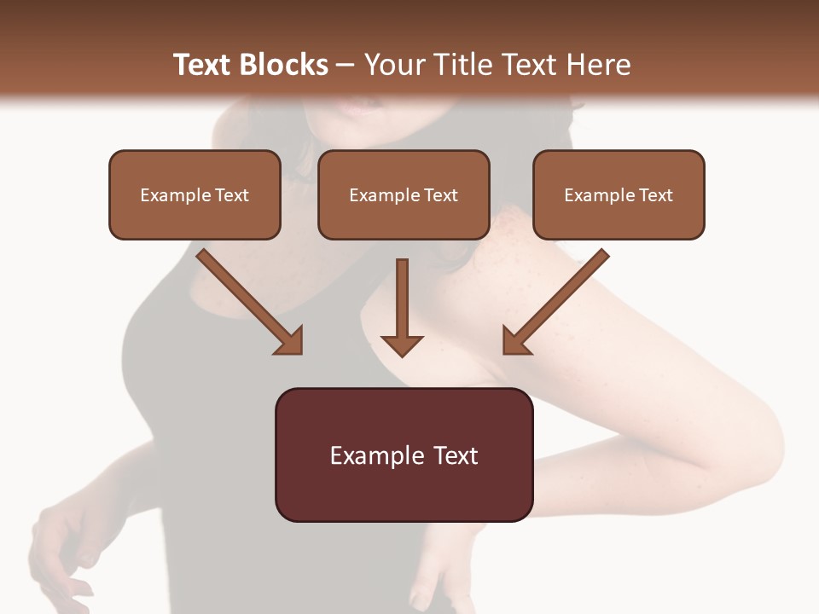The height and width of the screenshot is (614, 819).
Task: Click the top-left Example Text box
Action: pos(195,194)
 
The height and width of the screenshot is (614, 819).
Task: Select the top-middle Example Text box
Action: pos(404,194)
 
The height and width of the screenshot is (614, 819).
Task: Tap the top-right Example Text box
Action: pos(619,194)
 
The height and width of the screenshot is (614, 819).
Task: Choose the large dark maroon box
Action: pos(404,455)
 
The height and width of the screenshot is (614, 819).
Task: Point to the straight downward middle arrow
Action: pos(402,307)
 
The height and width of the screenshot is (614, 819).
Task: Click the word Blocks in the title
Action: pos(284,65)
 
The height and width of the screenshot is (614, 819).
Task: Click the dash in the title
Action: pos(346,65)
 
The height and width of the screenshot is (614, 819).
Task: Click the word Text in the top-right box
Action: pos(655,195)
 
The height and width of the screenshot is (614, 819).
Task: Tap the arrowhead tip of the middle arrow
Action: pos(402,355)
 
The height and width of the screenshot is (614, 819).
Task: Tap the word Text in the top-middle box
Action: pos(440,195)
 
